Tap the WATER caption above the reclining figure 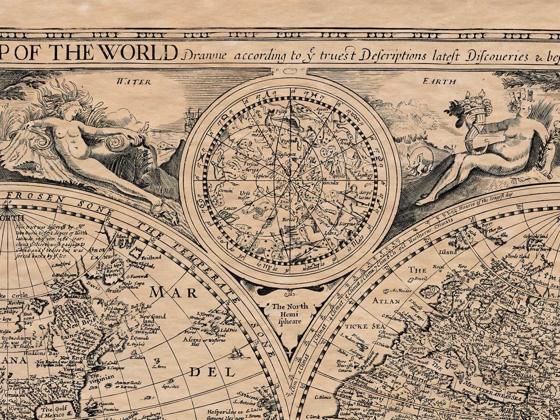click(134, 82)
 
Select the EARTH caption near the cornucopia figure click(439, 81)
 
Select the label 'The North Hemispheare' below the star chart click(290, 314)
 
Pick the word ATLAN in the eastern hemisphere click(386, 301)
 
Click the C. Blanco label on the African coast click(323, 397)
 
